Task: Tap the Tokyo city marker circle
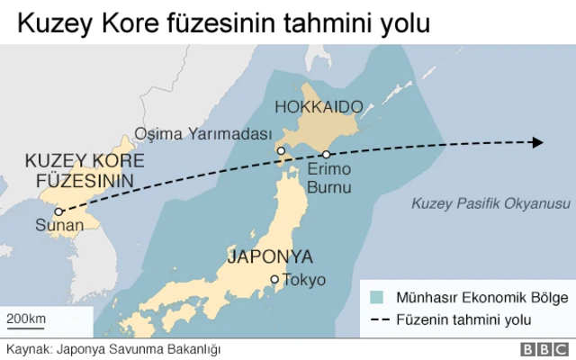click(x=275, y=280)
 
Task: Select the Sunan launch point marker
click(x=58, y=212)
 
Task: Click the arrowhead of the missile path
click(x=537, y=142)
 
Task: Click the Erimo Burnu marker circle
click(x=328, y=155)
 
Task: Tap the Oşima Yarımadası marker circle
click(x=281, y=151)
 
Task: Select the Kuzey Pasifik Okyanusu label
click(x=490, y=203)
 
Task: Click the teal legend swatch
click(x=377, y=296)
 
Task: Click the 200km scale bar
click(x=27, y=326)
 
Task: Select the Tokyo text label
click(x=304, y=280)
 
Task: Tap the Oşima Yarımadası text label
click(x=202, y=134)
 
